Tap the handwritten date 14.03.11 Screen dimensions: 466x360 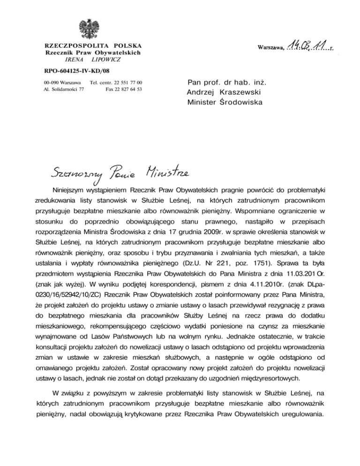[307, 46]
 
